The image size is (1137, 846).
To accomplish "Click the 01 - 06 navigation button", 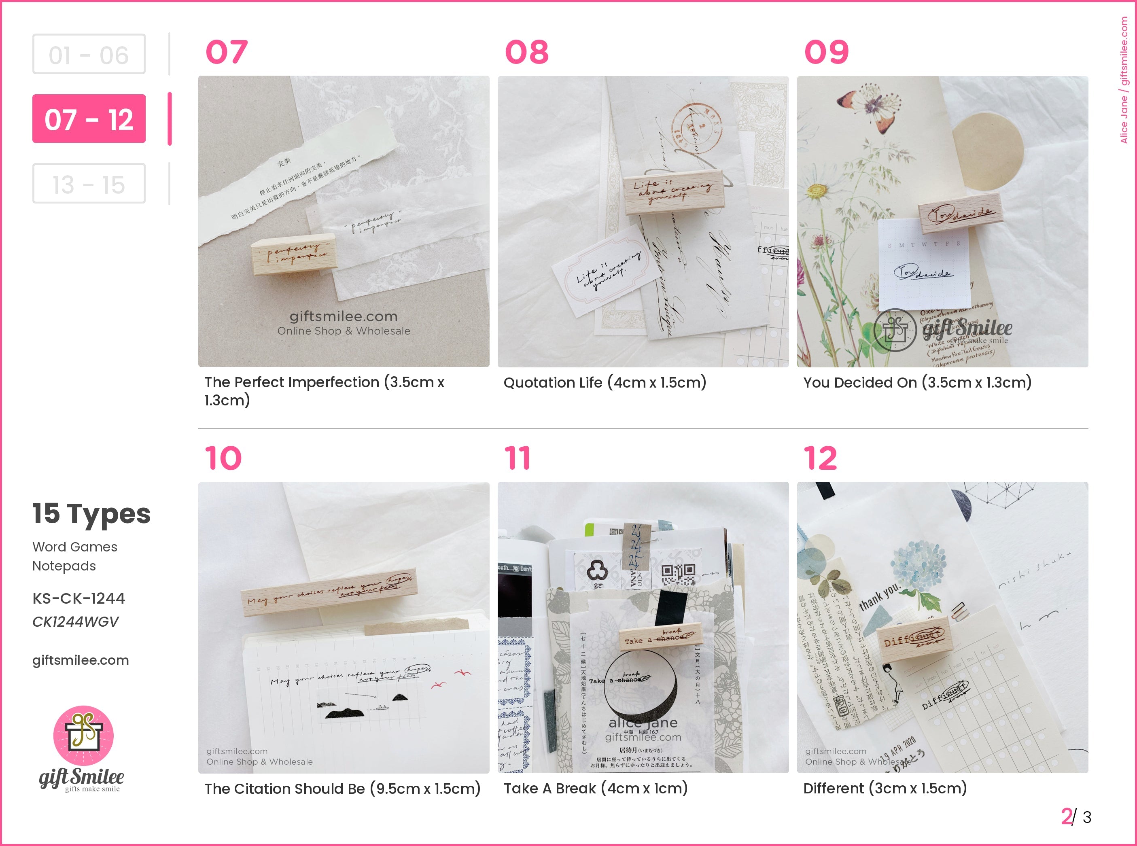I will click(89, 54).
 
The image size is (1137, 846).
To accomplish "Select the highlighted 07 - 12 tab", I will click(89, 119).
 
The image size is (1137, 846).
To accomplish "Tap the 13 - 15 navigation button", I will click(89, 184).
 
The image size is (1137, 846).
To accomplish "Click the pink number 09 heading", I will click(826, 52).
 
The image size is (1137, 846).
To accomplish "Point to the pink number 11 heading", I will click(517, 458).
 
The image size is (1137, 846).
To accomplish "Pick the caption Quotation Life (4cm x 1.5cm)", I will click(605, 383).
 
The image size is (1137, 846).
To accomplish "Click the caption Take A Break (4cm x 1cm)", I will click(596, 789).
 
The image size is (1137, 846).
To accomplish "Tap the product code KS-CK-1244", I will click(79, 598).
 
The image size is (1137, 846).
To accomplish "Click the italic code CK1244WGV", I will click(75, 622).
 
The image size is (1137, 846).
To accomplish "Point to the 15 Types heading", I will click(91, 514).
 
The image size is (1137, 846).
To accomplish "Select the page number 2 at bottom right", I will click(1066, 816).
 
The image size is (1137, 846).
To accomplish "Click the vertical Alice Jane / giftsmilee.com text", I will click(1124, 80).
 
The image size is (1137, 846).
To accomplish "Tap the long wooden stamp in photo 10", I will click(329, 592).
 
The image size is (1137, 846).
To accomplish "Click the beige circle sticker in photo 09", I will click(989, 148).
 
